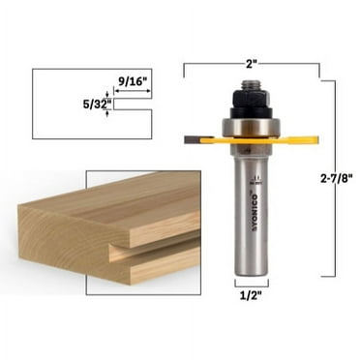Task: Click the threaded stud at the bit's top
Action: pos(251,85)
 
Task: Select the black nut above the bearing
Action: pos(251,101)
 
